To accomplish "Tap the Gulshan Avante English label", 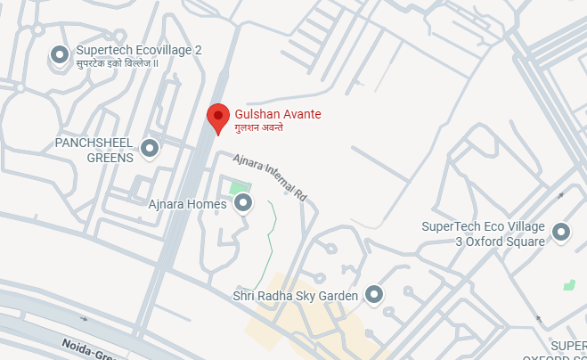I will point(277,114).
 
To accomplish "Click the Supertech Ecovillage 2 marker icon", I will point(60,56).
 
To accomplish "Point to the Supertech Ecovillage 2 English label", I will point(139,50).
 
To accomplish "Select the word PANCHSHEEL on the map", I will point(93,143).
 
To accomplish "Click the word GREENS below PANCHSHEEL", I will point(110,158).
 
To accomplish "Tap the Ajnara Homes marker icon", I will point(243,205).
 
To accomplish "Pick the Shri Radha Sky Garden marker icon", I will point(374,295).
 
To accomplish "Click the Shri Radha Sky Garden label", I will point(295,295).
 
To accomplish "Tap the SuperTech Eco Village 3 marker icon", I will point(561,233).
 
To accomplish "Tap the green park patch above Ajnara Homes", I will point(238,188).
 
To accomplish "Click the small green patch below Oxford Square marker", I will point(569,284).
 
